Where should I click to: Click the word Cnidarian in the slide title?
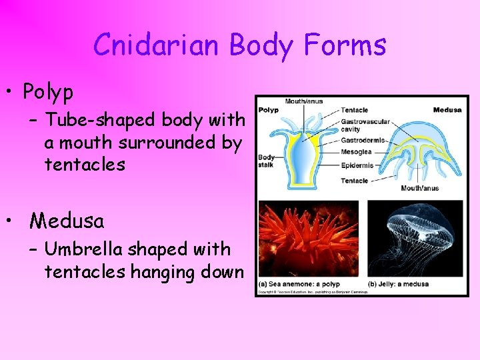point(157,45)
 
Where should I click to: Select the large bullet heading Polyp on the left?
point(48,91)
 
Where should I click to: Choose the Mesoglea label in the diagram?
point(356,152)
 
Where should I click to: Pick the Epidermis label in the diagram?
point(357,165)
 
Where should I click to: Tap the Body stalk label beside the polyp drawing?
point(266,162)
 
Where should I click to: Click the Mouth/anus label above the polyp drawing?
point(303,102)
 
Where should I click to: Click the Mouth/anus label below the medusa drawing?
point(420,188)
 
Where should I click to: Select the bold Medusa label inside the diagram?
point(447,110)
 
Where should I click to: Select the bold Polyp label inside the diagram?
point(268,110)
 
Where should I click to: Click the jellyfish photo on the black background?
point(415,238)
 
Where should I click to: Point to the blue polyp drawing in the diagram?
point(304,157)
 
